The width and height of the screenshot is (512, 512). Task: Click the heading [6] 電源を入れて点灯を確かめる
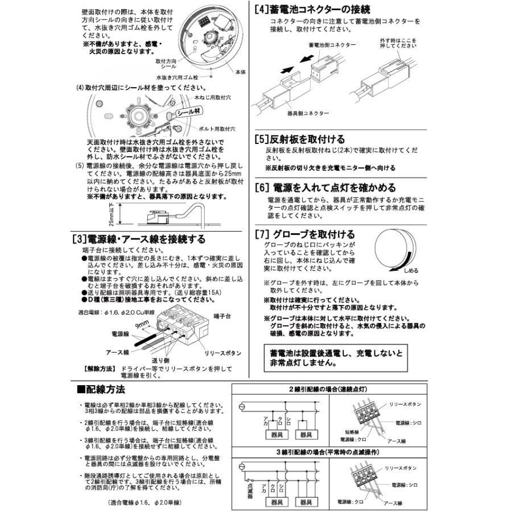pyautogui.click(x=333, y=187)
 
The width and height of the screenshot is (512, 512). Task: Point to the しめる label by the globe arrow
pyautogui.click(x=411, y=271)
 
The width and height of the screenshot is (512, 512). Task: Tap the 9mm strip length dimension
pyautogui.click(x=141, y=324)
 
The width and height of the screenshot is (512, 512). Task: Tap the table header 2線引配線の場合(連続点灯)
pyautogui.click(x=329, y=389)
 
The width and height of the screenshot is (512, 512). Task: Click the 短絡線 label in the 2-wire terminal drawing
pyautogui.click(x=350, y=432)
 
